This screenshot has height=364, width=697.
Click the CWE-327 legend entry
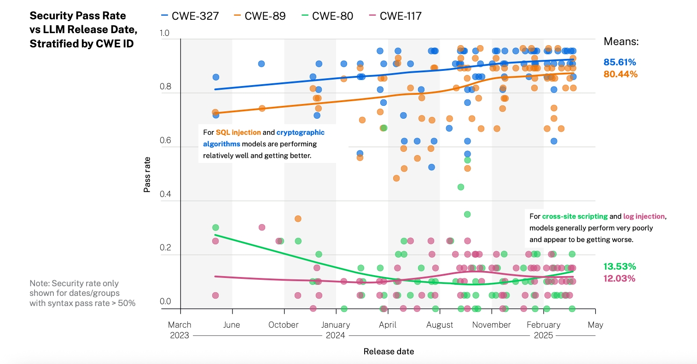[x=190, y=16]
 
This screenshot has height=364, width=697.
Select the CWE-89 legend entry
[x=260, y=16]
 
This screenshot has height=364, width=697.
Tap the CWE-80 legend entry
[x=327, y=16]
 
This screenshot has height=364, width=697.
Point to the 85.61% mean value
[x=620, y=62]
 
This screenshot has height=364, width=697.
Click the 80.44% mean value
[x=620, y=74]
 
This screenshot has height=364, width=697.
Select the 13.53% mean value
[x=620, y=266]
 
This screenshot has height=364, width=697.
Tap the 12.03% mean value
[x=620, y=278]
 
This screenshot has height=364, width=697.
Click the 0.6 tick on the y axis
[x=165, y=140]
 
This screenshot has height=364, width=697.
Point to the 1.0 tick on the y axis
[x=164, y=33]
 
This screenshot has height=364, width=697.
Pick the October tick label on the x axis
[x=284, y=325]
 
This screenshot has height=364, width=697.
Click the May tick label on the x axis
[x=595, y=325]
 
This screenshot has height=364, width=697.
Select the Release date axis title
[x=389, y=352]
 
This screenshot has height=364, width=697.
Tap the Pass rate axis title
[x=147, y=174]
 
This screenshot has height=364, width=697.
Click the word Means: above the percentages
[x=621, y=42]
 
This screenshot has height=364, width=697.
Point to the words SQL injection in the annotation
[x=238, y=133]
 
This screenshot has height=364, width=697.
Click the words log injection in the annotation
[x=644, y=216]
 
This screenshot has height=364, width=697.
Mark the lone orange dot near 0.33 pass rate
[x=298, y=219]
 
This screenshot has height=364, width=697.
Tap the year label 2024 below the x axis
[x=336, y=335]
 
